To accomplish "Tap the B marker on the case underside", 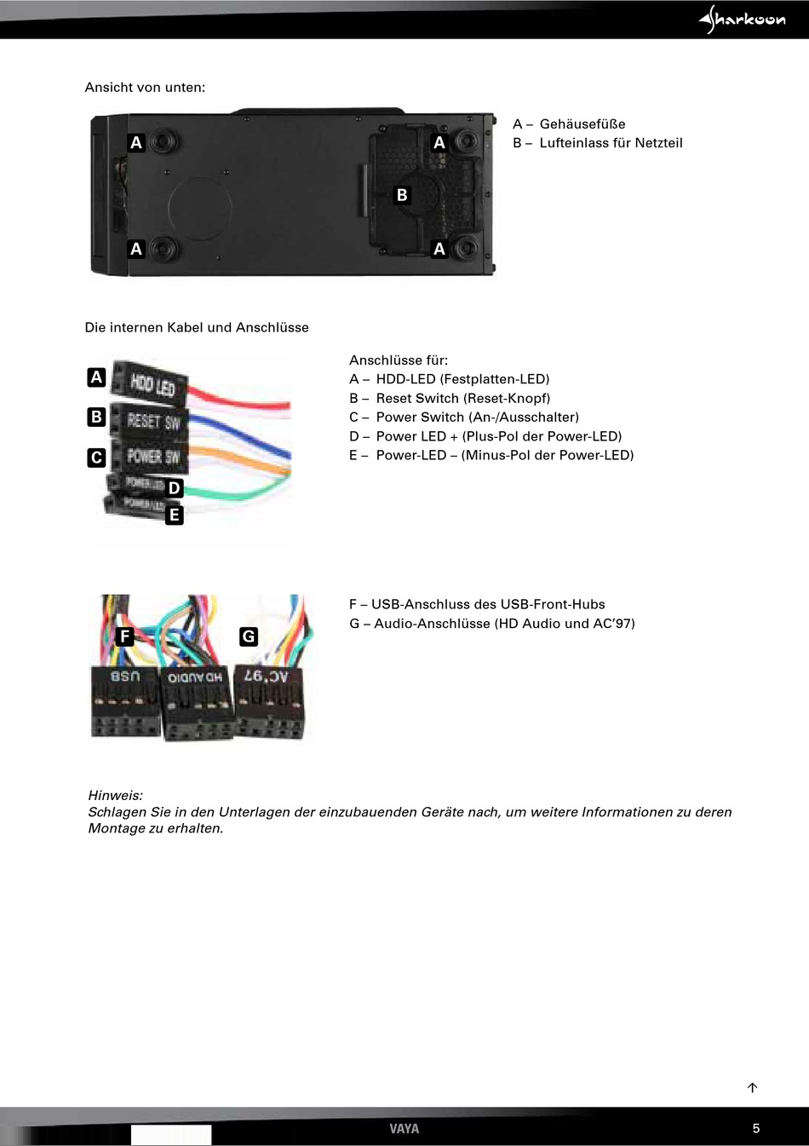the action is [402, 195].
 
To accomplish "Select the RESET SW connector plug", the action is [152, 420].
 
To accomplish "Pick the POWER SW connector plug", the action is [152, 456].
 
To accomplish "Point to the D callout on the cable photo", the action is [175, 488].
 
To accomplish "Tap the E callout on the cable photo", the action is [175, 515].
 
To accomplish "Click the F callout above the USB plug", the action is [125, 636].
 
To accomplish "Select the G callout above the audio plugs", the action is [249, 636].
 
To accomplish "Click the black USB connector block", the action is [125, 702].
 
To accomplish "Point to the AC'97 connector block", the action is [267, 700].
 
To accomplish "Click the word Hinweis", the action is [115, 796].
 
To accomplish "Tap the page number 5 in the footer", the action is [755, 1128].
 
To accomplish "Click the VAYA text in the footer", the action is [404, 1128].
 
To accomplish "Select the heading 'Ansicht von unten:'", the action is [145, 87].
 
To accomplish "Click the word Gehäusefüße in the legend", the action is [582, 124].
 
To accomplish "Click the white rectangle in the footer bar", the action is [170, 1134].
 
